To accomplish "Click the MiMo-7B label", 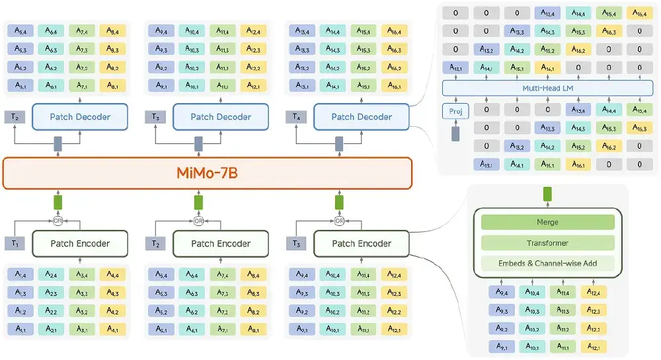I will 208,174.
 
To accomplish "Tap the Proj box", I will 455,111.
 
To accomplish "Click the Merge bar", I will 547,223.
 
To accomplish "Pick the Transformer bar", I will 547,243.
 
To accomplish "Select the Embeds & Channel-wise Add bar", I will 547,264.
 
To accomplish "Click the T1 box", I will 15,244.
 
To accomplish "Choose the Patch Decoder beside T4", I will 361,117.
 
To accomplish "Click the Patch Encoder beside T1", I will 80,244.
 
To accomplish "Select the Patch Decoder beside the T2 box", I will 80,117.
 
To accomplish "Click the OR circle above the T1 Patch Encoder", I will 58,221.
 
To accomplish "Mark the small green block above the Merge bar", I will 547,194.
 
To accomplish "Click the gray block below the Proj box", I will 455,134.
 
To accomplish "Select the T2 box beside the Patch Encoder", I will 155,244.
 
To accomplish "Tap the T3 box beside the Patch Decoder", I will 155,117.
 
